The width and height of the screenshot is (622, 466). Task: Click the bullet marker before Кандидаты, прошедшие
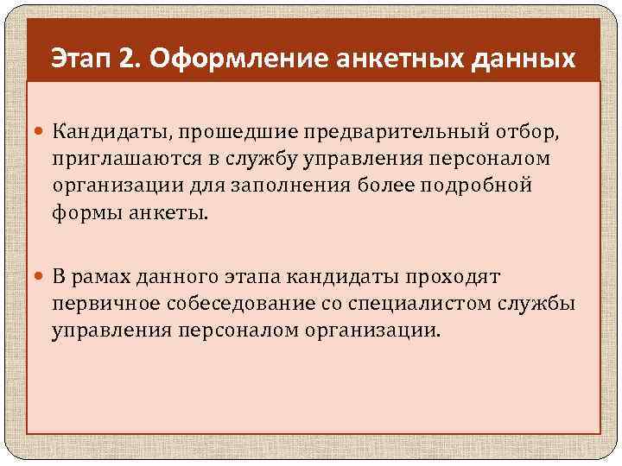coord(41,131)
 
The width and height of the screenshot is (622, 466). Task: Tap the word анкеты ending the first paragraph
coord(168,212)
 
